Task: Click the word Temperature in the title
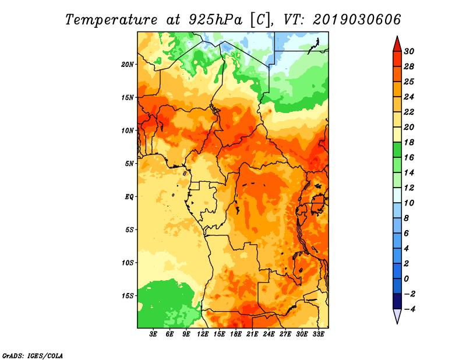coord(111,20)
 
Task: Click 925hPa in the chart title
coord(215,20)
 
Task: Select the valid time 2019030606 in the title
coord(356,20)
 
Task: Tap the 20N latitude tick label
coord(128,65)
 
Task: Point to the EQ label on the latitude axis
coord(129,197)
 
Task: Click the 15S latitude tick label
coord(128,296)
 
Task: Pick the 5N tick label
coord(129,164)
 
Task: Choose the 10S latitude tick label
coord(128,263)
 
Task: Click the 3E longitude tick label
coord(153,334)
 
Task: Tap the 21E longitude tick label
coord(252,334)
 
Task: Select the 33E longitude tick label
coord(318,334)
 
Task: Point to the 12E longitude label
coord(203,334)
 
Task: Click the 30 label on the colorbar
coord(409,51)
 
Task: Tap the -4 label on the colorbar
coord(409,309)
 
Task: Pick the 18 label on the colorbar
coord(409,142)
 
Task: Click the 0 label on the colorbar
coord(407,279)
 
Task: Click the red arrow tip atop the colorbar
coord(397,37)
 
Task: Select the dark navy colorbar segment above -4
coord(397,301)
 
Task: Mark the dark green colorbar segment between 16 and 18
coord(397,150)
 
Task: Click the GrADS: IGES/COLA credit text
coord(33,356)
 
